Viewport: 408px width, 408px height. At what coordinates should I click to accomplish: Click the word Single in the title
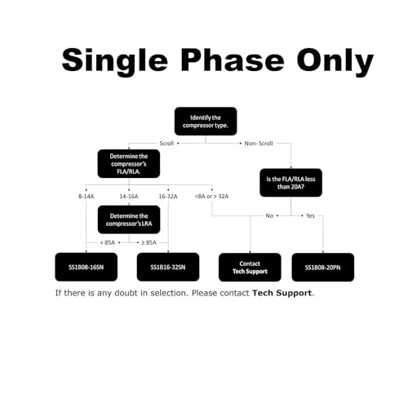coord(115,61)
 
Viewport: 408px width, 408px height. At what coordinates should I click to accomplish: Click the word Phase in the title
coord(233,60)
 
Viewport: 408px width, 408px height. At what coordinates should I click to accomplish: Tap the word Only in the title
coord(335,62)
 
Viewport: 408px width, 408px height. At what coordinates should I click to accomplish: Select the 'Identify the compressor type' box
coord(206,122)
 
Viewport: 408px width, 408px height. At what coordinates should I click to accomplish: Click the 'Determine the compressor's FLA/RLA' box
coord(129,164)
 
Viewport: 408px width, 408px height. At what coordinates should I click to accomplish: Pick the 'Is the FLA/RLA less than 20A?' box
coord(290,183)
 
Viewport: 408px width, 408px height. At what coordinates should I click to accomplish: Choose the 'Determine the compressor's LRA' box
coord(129,220)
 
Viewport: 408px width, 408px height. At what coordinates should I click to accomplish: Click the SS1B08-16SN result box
coord(86,267)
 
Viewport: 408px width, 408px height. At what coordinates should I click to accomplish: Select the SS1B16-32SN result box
coord(168,267)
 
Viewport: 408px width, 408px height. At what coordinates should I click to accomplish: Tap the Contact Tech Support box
coord(250,268)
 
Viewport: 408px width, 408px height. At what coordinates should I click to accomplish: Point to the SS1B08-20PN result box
coord(323,268)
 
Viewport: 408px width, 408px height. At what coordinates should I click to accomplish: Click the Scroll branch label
coord(166,144)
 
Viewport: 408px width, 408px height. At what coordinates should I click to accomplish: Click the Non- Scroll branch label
coord(259,144)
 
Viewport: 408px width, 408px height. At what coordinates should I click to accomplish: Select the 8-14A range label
coord(86,197)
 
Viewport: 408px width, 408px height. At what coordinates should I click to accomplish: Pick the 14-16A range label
coord(129,197)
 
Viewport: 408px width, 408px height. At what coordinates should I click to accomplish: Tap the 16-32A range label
coord(168,197)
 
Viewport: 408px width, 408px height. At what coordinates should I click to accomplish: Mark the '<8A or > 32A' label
coord(211,197)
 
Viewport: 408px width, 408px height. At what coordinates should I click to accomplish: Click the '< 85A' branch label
coord(108,242)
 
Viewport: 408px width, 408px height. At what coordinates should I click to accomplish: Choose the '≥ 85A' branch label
coord(149,242)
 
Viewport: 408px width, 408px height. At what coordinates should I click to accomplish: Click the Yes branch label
coord(310,215)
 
